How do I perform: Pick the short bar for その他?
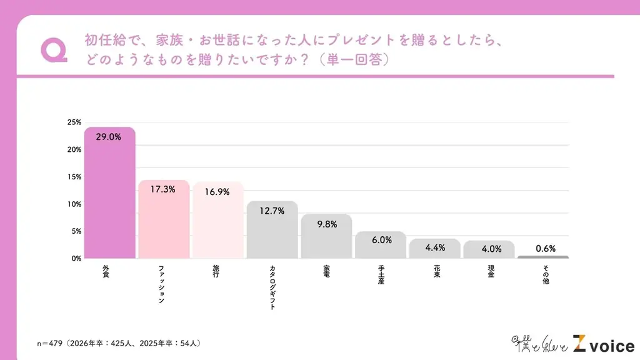point(542,257)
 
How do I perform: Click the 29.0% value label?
point(108,137)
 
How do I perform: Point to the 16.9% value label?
point(217,192)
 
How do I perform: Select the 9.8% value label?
point(326,224)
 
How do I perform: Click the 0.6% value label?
point(544,247)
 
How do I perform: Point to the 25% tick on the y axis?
point(74,122)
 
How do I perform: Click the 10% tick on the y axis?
point(74,204)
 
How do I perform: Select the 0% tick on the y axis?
point(76,258)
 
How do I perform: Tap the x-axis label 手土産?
point(380,274)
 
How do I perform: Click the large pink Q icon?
point(53,50)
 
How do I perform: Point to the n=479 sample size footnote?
point(119,344)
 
